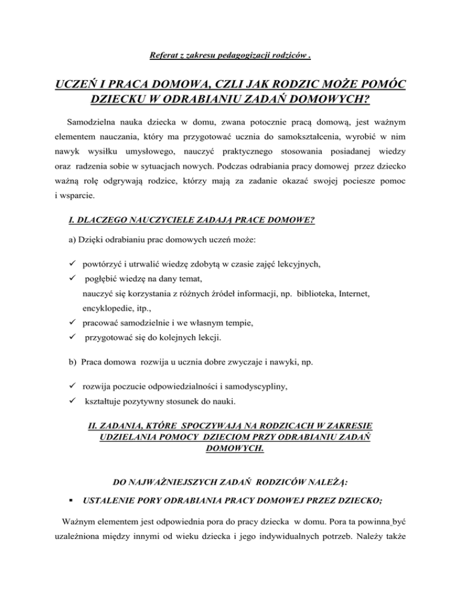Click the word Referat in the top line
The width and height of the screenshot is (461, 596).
point(163,58)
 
